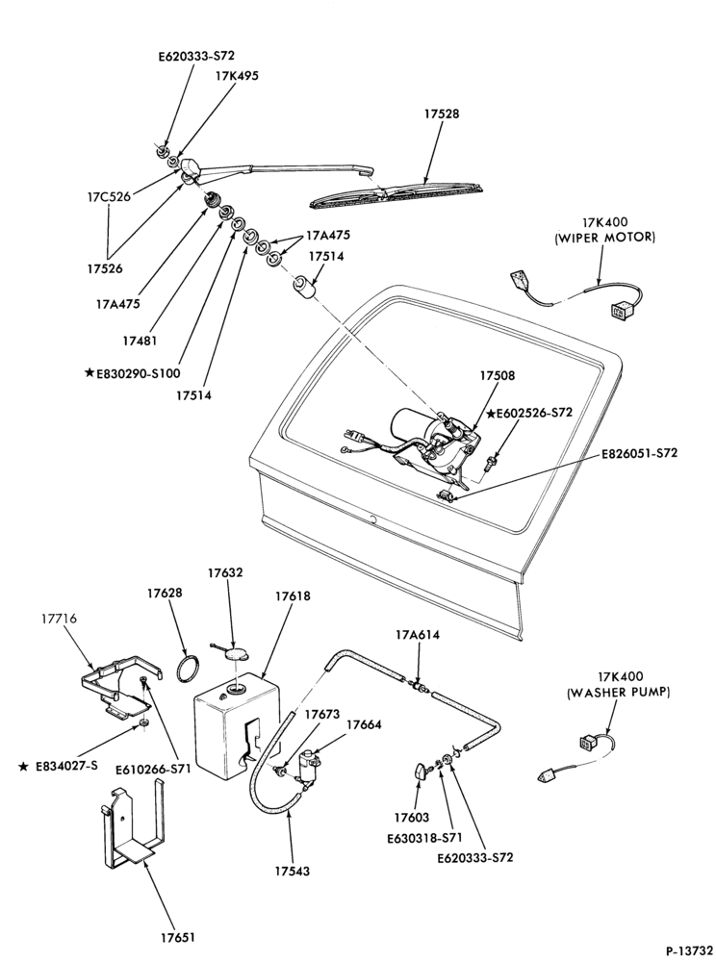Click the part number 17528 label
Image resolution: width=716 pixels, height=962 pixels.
[441, 114]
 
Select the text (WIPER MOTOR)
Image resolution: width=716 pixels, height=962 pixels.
[604, 238]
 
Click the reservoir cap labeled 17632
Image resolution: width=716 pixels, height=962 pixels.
[236, 654]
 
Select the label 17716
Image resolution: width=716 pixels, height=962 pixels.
[59, 619]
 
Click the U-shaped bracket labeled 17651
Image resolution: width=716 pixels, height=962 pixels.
[131, 823]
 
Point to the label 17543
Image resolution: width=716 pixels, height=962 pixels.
[292, 870]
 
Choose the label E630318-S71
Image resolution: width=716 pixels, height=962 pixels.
[423, 838]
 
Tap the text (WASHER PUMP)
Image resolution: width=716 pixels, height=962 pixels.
[619, 692]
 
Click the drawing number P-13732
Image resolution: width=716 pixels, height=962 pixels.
[688, 949]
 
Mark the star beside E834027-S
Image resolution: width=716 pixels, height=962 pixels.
[23, 767]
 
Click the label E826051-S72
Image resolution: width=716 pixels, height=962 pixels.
[639, 454]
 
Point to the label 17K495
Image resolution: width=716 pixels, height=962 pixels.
[236, 76]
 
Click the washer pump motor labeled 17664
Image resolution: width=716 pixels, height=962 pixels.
[309, 764]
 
